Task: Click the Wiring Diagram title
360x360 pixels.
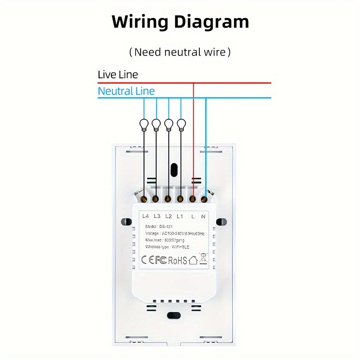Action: pyautogui.click(x=180, y=22)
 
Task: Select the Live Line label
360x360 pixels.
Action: pyautogui.click(x=118, y=75)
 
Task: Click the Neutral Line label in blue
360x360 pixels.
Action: pyautogui.click(x=126, y=91)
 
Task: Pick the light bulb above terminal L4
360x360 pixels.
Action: pyautogui.click(x=144, y=124)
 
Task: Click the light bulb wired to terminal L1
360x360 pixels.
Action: pyautogui.click(x=181, y=124)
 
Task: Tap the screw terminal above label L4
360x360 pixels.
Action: pyautogui.click(x=144, y=198)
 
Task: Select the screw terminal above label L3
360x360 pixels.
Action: pyautogui.click(x=156, y=198)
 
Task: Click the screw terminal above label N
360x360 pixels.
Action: pyautogui.click(x=204, y=198)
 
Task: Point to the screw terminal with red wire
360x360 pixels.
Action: pyautogui.click(x=192, y=198)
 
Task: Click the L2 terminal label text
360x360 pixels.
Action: pyautogui.click(x=168, y=216)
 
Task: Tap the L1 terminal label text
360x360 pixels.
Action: pyautogui.click(x=180, y=216)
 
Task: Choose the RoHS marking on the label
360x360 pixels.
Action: pyautogui.click(x=177, y=260)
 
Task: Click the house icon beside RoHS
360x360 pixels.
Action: pyautogui.click(x=193, y=260)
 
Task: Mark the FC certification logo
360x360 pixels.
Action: pyautogui.click(x=161, y=260)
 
